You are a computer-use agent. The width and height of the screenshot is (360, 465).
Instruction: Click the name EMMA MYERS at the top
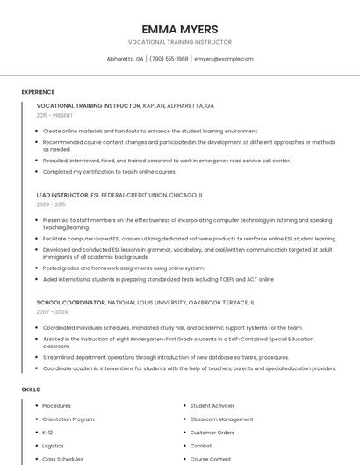(x=179, y=29)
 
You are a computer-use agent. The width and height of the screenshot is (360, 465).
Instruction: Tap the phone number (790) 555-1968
(x=169, y=59)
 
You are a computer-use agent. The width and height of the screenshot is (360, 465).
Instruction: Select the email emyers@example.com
(x=224, y=59)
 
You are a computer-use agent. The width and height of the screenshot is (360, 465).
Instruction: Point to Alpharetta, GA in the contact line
(x=125, y=59)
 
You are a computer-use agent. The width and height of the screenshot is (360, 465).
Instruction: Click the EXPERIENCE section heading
(x=38, y=92)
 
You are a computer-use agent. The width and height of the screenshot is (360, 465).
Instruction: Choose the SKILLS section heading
(x=31, y=389)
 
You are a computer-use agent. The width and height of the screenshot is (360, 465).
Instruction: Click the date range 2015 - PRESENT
(x=54, y=115)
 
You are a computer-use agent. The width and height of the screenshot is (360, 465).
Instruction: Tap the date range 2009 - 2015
(x=51, y=204)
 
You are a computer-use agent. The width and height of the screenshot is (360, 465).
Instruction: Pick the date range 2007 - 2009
(x=52, y=311)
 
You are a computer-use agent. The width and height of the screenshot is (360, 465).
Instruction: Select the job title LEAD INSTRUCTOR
(x=62, y=195)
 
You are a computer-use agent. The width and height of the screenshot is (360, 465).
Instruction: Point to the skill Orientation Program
(x=68, y=419)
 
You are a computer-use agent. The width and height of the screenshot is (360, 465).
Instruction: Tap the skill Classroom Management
(x=221, y=419)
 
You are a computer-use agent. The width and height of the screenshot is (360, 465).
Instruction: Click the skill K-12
(x=47, y=433)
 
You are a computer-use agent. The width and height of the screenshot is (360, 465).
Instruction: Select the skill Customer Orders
(x=212, y=433)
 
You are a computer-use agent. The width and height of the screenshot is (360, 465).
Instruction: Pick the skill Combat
(x=201, y=446)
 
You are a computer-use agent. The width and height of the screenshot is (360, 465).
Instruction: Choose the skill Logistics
(x=53, y=446)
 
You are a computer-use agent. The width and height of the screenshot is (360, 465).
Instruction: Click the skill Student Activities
(x=212, y=406)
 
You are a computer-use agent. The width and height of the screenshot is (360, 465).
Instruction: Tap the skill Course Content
(x=211, y=459)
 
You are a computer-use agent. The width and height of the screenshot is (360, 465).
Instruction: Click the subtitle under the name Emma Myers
(x=179, y=42)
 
